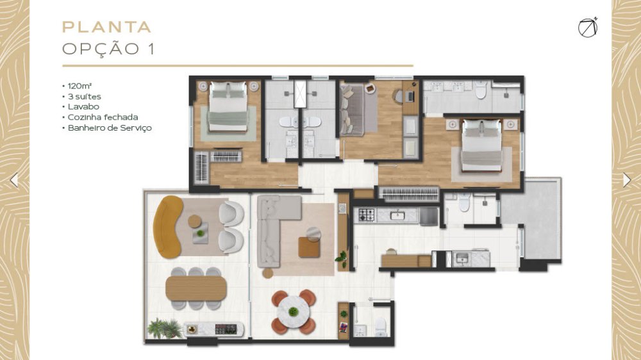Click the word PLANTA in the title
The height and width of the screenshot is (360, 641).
[106, 27]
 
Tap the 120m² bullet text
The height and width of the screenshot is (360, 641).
[79, 86]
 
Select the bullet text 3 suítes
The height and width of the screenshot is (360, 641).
[84, 97]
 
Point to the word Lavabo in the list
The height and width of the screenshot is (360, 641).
[83, 106]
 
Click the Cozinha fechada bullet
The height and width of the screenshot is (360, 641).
[103, 117]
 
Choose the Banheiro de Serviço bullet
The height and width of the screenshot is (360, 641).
[110, 128]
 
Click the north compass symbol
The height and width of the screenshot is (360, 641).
[588, 28]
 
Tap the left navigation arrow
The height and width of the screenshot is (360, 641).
[14, 180]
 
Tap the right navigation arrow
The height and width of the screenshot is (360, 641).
[627, 180]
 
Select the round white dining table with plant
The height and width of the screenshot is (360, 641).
[293, 312]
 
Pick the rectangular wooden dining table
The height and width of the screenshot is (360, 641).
[196, 288]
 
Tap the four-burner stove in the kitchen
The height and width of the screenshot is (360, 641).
[367, 215]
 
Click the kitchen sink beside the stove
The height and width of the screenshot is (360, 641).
[397, 215]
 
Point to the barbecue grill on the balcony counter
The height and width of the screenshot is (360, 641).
[225, 329]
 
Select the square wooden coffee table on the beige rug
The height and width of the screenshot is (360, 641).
[309, 247]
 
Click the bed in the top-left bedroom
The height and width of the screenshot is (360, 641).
[228, 106]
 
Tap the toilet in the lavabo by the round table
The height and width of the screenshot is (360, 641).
[381, 327]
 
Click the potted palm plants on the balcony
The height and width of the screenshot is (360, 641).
[165, 328]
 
